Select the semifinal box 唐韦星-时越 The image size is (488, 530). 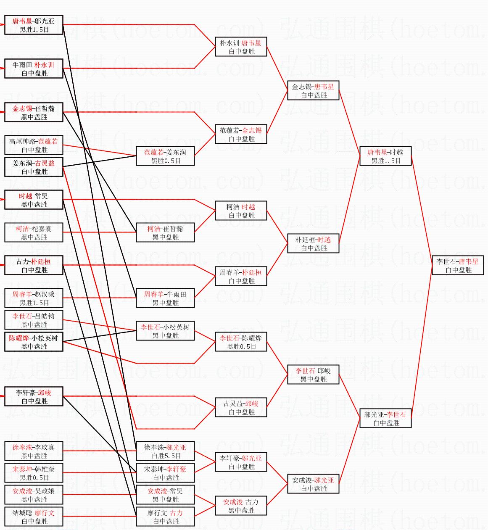pos(385,156)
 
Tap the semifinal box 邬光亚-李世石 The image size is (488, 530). pos(385,419)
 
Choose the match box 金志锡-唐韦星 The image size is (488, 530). pos(313,91)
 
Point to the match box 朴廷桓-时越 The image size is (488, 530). pos(313,244)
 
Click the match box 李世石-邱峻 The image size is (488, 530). pos(313,375)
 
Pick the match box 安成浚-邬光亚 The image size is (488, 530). pos(313,484)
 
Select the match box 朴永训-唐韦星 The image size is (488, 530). pos(241,47)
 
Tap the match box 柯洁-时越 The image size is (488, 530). pos(241,211)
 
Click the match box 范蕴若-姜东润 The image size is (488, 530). pos(165,156)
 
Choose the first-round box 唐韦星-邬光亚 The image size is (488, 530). pos(34,25)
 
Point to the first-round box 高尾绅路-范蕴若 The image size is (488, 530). pos(34,145)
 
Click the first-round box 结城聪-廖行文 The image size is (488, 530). pos(34,517)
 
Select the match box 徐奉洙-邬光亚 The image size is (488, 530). pos(165,451)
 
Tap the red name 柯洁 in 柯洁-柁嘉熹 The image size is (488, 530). pos(22,229)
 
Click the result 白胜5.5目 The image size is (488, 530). pos(166,456)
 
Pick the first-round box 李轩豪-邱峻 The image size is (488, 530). pos(34,397)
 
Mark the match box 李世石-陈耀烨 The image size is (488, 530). pos(241,342)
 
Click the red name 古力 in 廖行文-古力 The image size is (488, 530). pos(176,513)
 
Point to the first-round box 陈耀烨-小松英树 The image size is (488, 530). pos(34,342)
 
